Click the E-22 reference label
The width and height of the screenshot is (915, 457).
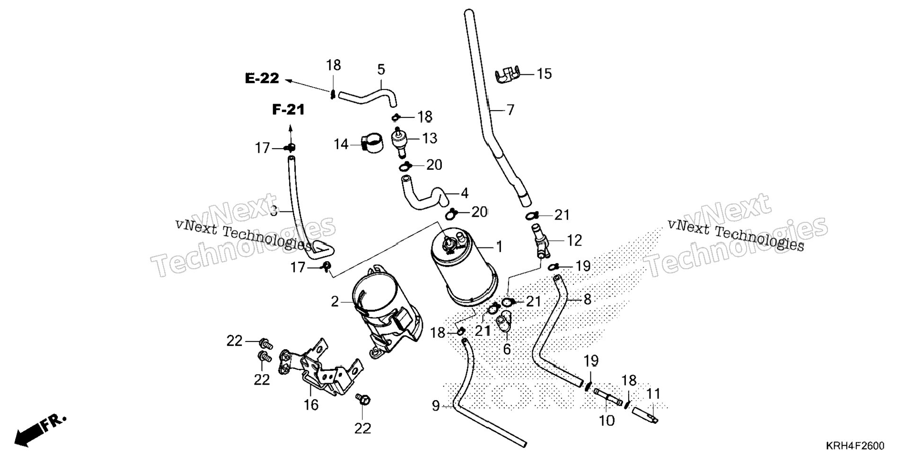262,79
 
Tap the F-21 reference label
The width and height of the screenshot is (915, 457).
288,110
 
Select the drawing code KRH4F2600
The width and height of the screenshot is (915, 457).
855,446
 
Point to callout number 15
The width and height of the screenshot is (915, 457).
545,74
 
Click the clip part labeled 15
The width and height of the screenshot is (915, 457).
507,75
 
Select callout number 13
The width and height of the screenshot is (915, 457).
430,138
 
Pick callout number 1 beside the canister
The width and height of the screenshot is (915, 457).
499,246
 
